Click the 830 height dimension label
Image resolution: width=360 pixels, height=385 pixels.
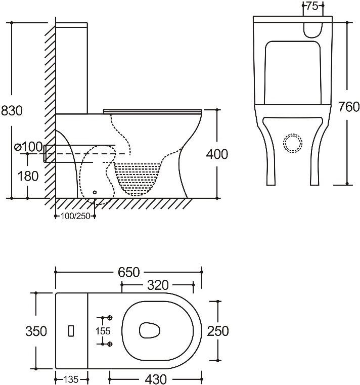pyautogui.click(x=12, y=111)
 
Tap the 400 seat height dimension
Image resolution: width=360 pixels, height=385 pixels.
pyautogui.click(x=217, y=154)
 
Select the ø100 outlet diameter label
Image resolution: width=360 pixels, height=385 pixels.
pyautogui.click(x=28, y=147)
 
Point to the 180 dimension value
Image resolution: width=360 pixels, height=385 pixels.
pyautogui.click(x=28, y=176)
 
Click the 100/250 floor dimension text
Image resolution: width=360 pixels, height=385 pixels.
pyautogui.click(x=75, y=217)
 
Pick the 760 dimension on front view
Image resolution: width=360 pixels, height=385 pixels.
pyautogui.click(x=349, y=107)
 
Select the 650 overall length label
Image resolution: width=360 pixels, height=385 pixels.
pyautogui.click(x=129, y=272)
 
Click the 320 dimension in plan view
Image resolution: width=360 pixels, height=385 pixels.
pyautogui.click(x=158, y=285)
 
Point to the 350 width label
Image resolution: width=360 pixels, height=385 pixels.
pyautogui.click(x=36, y=331)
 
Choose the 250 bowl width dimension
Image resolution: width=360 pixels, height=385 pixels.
pyautogui.click(x=218, y=331)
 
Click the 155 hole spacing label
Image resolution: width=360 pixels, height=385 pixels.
pyautogui.click(x=103, y=331)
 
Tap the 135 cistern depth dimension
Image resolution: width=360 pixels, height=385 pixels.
pyautogui.click(x=71, y=379)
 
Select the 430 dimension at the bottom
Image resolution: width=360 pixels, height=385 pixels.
pyautogui.click(x=156, y=379)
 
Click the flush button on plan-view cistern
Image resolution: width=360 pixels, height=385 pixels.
pyautogui.click(x=71, y=331)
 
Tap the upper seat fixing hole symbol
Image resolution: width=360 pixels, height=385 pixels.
pyautogui.click(x=110, y=318)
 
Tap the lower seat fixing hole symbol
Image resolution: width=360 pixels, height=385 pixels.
pyautogui.click(x=110, y=344)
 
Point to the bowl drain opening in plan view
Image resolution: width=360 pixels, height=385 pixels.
pyautogui.click(x=150, y=330)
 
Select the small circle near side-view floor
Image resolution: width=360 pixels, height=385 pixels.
pyautogui.click(x=95, y=192)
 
